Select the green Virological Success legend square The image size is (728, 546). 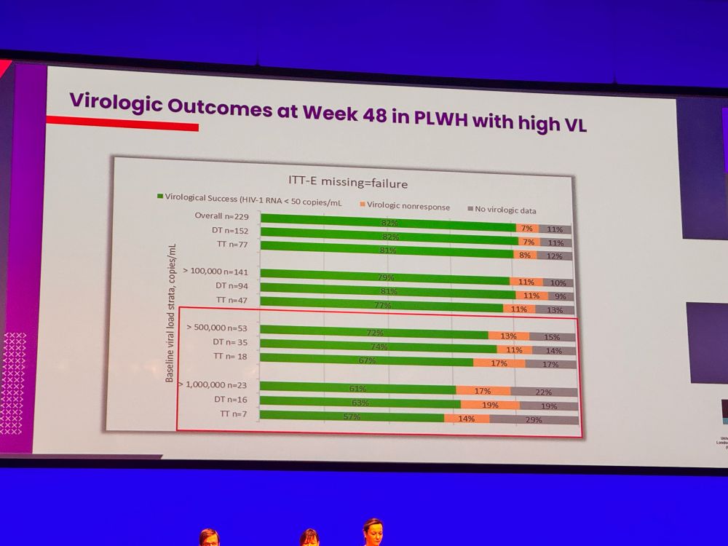[x=160, y=197]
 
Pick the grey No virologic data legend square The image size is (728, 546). [x=470, y=210]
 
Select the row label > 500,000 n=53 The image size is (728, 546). [x=217, y=328]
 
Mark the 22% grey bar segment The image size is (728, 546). [x=544, y=392]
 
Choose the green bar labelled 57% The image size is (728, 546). [x=352, y=416]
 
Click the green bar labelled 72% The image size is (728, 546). [x=373, y=332]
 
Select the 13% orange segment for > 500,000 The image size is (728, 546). [x=508, y=336]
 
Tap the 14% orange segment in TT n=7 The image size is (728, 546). [x=466, y=419]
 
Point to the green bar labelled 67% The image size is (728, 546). [x=366, y=360]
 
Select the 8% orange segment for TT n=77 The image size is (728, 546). [x=524, y=255]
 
